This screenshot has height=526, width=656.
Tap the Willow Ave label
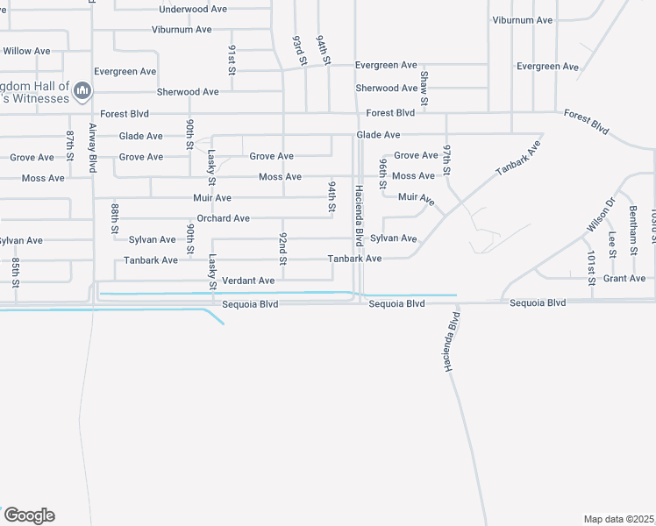click(x=26, y=51)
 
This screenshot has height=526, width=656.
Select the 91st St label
click(x=232, y=58)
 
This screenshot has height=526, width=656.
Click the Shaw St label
click(x=424, y=89)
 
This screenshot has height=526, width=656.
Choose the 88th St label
click(x=115, y=218)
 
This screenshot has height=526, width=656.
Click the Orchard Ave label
click(x=223, y=218)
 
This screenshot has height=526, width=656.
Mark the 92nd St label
click(x=283, y=248)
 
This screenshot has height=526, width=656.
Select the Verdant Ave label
click(x=248, y=281)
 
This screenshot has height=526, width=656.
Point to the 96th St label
click(x=383, y=174)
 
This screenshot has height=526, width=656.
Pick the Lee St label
click(x=612, y=242)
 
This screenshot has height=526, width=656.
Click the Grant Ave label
click(x=624, y=279)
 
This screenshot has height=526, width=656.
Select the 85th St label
click(x=16, y=272)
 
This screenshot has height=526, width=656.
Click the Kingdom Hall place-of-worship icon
click(x=83, y=90)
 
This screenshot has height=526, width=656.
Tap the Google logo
click(x=29, y=515)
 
